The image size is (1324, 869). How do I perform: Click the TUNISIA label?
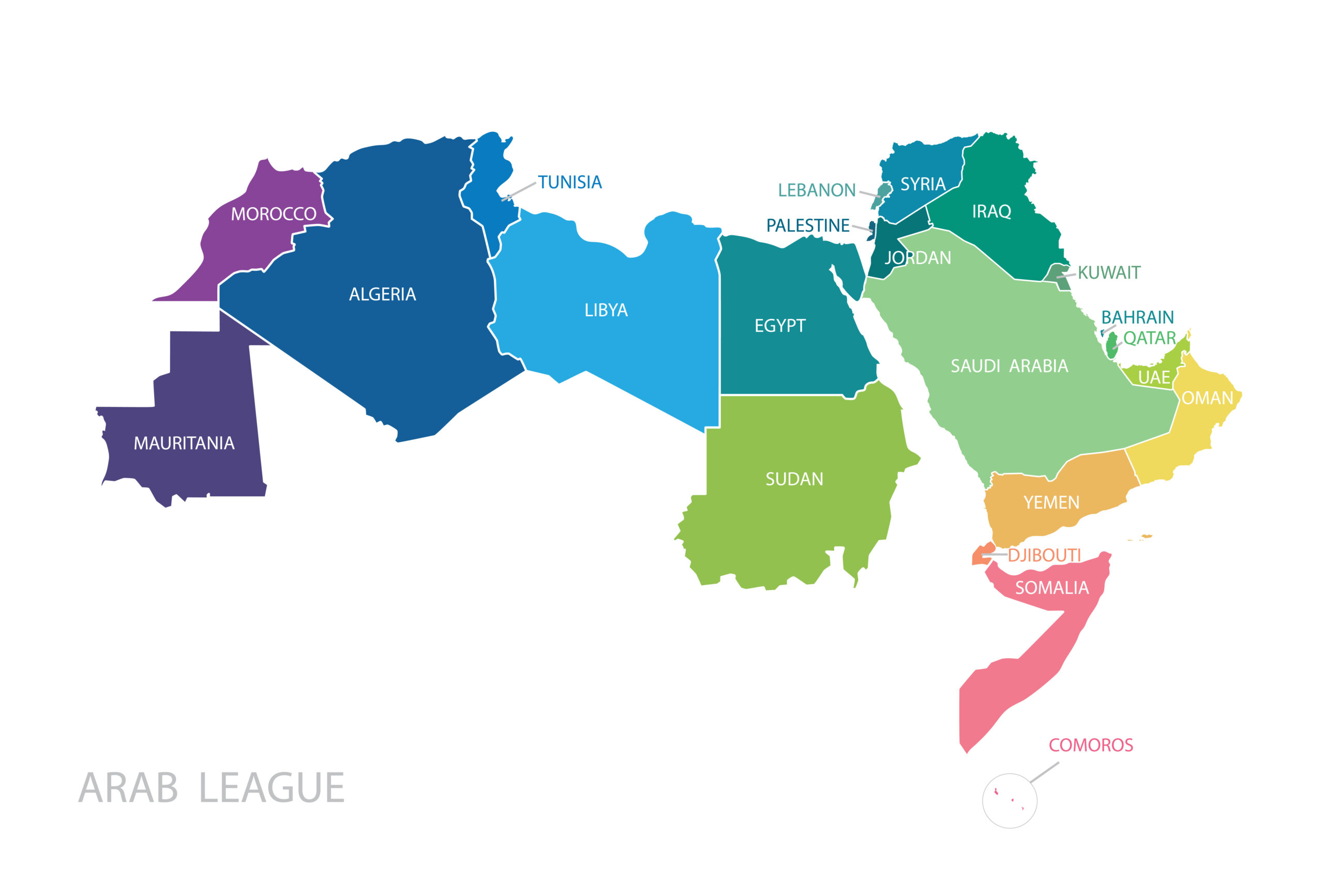(569, 182)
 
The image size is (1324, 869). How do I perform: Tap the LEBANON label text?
(816, 191)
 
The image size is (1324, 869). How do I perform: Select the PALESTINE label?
(807, 226)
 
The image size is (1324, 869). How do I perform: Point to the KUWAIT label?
(1109, 273)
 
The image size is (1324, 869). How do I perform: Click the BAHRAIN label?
(1137, 317)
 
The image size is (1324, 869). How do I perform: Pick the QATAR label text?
(1149, 338)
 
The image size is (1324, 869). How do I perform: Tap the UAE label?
(1154, 377)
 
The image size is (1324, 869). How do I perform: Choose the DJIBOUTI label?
(1044, 555)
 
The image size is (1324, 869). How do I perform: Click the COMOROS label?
(1090, 745)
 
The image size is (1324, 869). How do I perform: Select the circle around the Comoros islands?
(1010, 801)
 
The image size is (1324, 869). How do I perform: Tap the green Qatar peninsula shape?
(1111, 346)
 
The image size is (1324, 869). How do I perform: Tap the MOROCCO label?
(273, 214)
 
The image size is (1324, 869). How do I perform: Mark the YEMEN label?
(1051, 502)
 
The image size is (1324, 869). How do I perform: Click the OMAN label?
(1207, 398)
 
